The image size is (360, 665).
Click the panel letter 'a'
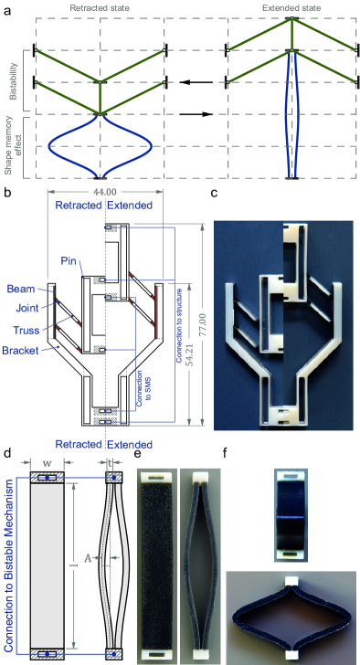pyautogui.click(x=7, y=11)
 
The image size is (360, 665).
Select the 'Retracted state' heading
pyautogui.click(x=100, y=8)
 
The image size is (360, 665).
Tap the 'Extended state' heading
pyautogui.click(x=291, y=8)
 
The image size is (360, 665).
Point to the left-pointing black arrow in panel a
pyautogui.click(x=196, y=82)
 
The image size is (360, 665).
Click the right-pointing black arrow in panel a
pyautogui.click(x=196, y=114)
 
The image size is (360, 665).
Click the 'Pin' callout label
pyautogui.click(x=68, y=261)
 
